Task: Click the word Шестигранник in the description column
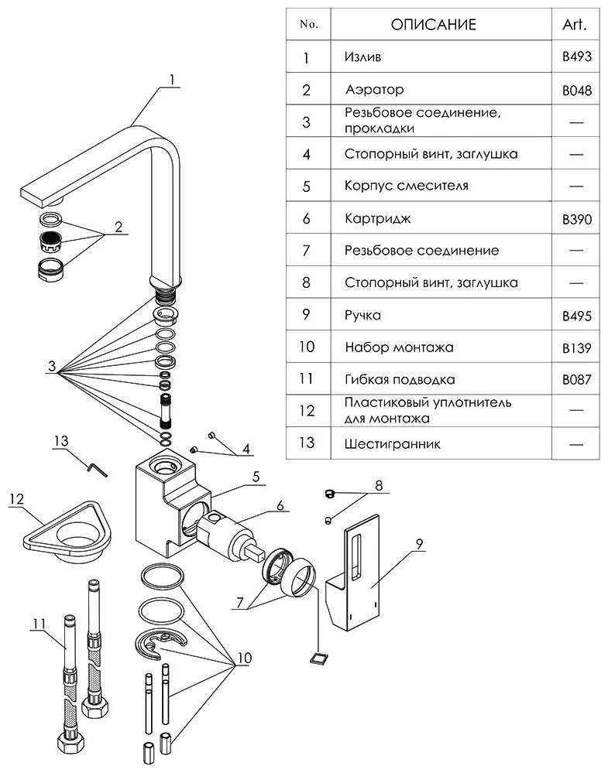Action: point(382,445)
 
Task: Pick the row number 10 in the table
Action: point(306,347)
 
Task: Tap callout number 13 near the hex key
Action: point(62,441)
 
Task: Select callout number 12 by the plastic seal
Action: point(16,500)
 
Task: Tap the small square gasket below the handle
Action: point(314,658)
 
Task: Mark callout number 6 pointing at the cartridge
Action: point(280,506)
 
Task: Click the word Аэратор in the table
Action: point(374,90)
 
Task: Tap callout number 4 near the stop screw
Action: point(246,448)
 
